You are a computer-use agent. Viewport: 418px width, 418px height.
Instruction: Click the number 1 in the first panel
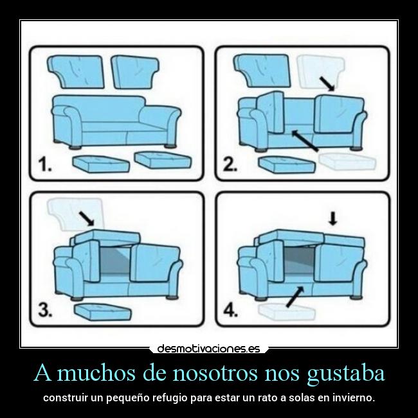tap(44, 166)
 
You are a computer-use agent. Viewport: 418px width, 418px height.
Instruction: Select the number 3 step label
tap(44, 311)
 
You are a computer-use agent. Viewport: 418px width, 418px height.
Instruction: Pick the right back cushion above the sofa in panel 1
tap(136, 72)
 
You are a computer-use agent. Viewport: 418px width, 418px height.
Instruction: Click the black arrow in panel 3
tap(84, 218)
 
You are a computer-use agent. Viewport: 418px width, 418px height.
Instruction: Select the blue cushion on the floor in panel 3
tap(103, 312)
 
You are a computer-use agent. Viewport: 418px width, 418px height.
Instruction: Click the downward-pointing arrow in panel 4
tap(332, 220)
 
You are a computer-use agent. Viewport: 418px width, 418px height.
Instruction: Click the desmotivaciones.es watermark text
tap(208, 349)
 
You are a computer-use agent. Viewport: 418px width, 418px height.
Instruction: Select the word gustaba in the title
tap(345, 372)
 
